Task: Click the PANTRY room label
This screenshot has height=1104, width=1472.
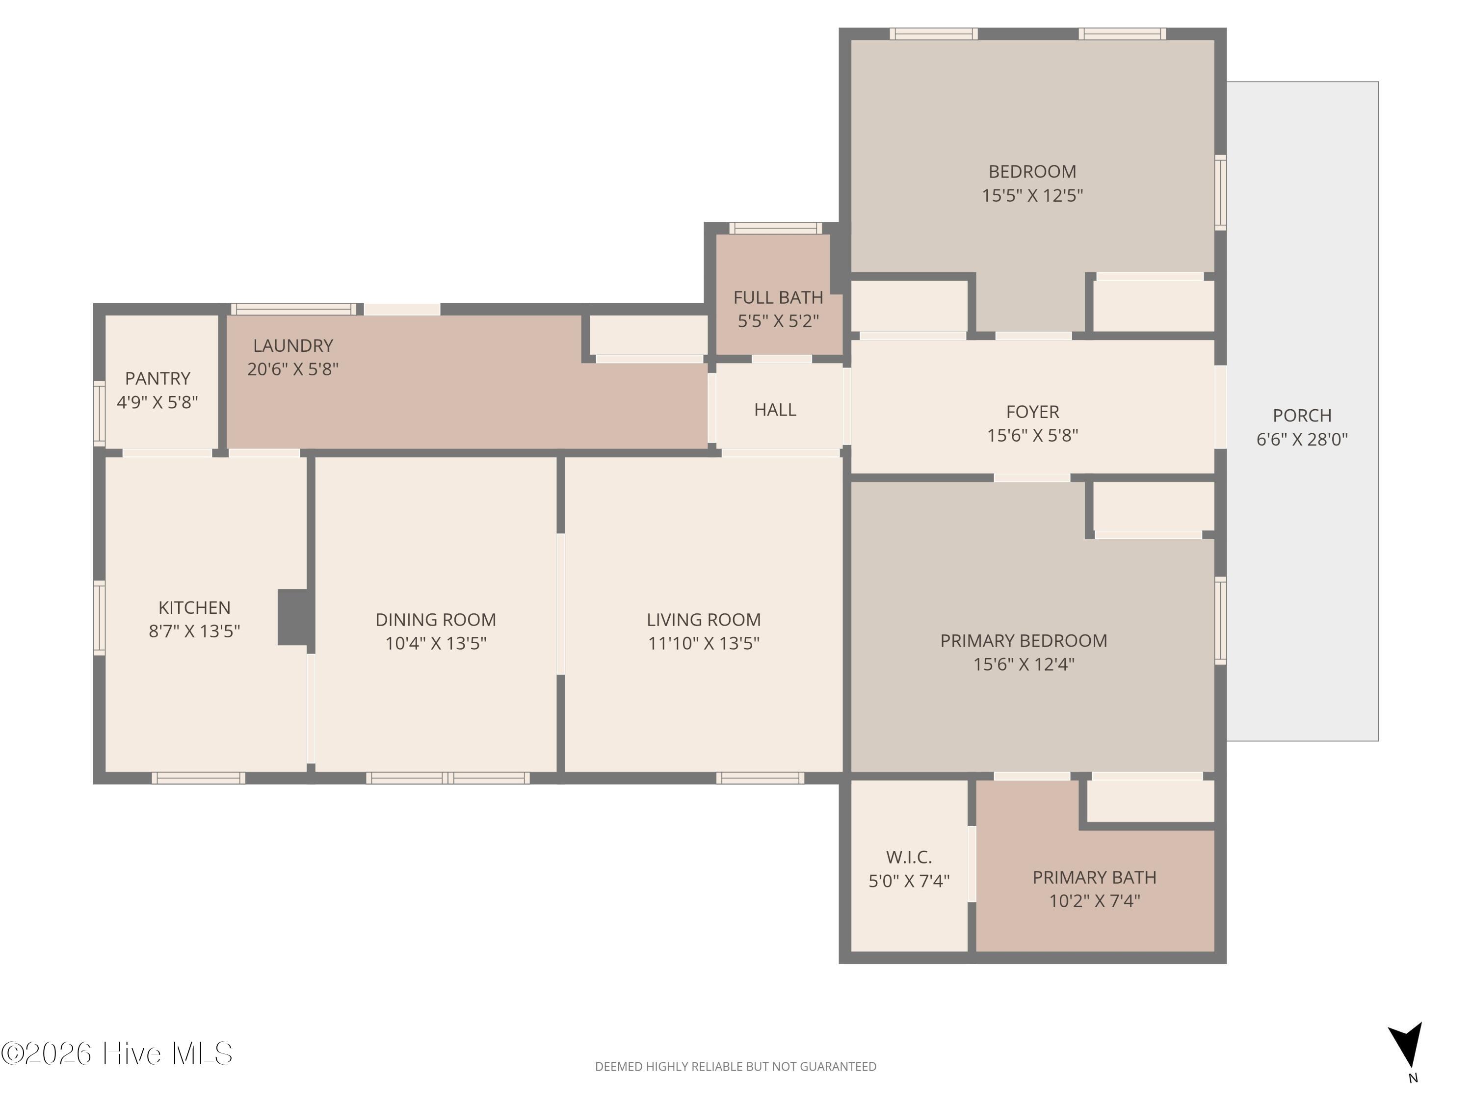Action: (x=158, y=379)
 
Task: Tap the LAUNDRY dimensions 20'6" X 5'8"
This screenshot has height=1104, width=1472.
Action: (x=293, y=369)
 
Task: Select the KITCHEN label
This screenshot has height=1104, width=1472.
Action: (x=194, y=607)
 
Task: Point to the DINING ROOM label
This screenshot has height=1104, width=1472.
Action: (x=436, y=620)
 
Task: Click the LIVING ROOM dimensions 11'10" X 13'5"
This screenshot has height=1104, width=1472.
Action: (x=704, y=643)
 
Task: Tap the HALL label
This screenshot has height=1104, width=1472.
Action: (x=775, y=410)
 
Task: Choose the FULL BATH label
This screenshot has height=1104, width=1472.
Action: (x=778, y=297)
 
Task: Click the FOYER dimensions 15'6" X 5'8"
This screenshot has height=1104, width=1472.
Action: (x=1032, y=435)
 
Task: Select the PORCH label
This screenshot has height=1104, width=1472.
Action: (x=1302, y=415)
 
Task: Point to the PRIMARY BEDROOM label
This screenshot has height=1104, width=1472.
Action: (x=1024, y=641)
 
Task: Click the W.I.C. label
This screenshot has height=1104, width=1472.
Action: (x=909, y=857)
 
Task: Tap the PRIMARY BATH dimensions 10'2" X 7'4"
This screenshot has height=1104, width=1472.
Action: (x=1095, y=901)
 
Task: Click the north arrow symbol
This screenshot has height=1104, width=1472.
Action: (x=1407, y=1045)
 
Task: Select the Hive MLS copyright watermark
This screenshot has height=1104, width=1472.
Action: (x=117, y=1053)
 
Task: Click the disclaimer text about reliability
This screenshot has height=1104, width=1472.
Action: (x=736, y=1067)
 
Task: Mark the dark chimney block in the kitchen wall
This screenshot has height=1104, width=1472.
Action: (x=293, y=617)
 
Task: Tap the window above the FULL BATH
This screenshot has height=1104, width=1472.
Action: (x=775, y=228)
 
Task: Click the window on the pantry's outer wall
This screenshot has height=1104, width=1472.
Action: (x=99, y=413)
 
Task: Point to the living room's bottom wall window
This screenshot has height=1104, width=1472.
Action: (x=760, y=778)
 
